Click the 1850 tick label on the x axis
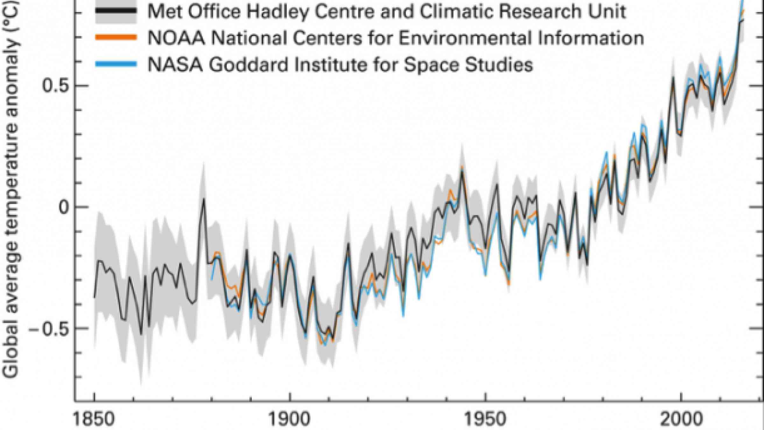point(94,419)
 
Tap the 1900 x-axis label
point(290,419)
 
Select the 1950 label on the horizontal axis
point(485,419)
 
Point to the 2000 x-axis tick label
point(681,419)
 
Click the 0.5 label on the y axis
point(55,86)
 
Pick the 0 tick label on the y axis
point(64,207)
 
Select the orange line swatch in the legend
point(116,38)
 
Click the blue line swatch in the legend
point(116,64)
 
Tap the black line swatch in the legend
point(116,11)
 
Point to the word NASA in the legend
point(175,65)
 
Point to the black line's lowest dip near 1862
point(141,334)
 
